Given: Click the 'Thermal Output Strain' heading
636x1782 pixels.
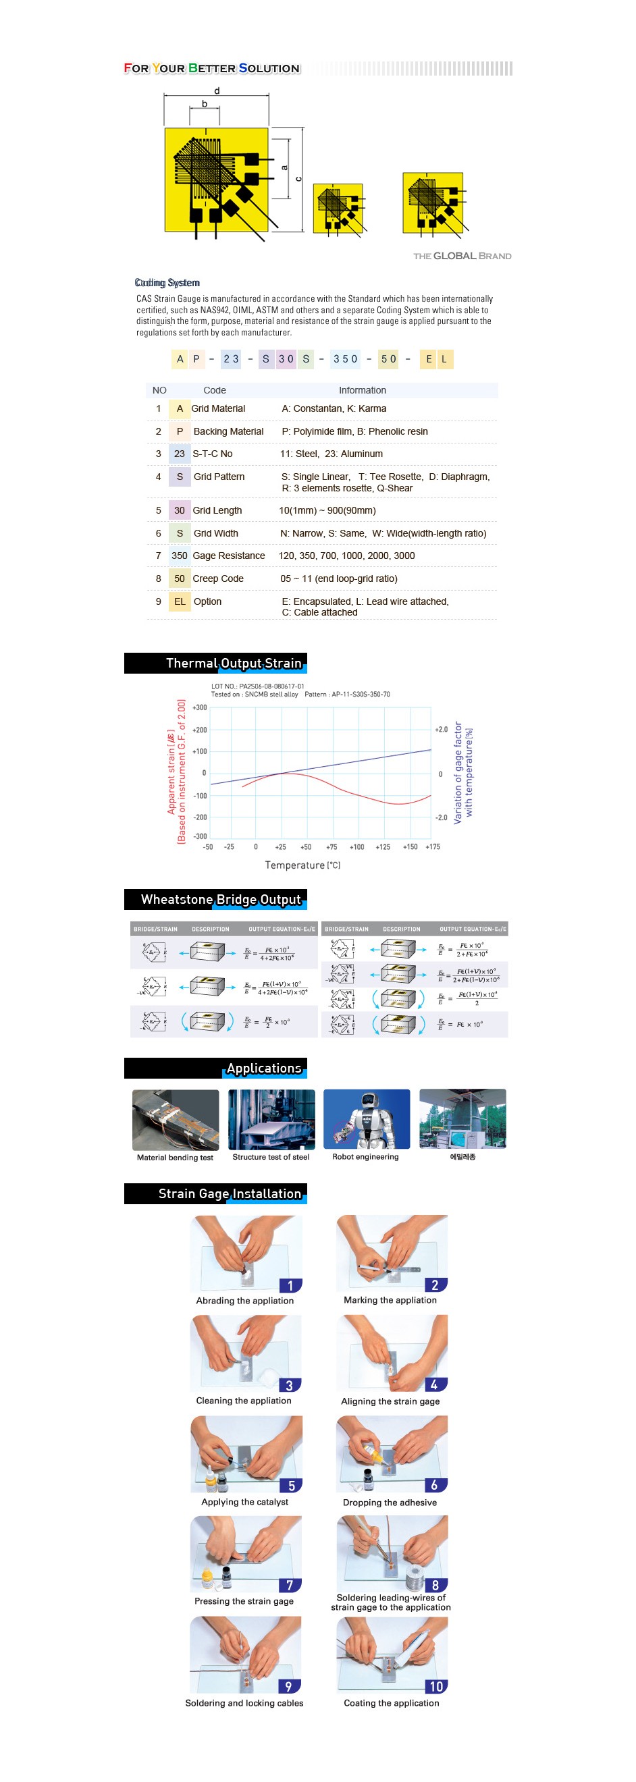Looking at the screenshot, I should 233,663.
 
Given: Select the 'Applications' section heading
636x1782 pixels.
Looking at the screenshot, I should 264,1068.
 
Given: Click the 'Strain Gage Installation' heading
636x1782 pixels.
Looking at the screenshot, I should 230,1193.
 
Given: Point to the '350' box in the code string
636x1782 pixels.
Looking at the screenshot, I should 345,359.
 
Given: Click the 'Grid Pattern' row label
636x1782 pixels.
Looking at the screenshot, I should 219,477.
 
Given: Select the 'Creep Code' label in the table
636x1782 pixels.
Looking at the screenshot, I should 218,578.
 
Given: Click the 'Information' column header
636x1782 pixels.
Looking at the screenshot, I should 362,390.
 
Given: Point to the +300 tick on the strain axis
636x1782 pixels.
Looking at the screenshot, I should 200,707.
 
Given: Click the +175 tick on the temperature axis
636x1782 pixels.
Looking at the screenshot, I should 433,846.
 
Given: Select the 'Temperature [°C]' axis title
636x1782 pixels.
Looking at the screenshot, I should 302,865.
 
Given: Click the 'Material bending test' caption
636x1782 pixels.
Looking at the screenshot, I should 175,1158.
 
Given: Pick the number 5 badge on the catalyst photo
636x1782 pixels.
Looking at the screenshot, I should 292,1485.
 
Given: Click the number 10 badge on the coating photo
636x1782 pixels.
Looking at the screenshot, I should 436,1686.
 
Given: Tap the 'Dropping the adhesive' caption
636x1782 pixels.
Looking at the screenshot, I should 390,1502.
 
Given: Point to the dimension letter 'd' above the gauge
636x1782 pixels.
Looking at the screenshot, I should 217,90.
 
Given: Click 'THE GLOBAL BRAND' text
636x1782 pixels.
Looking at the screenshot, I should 462,256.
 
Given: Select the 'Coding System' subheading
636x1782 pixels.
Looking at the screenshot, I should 167,282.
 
